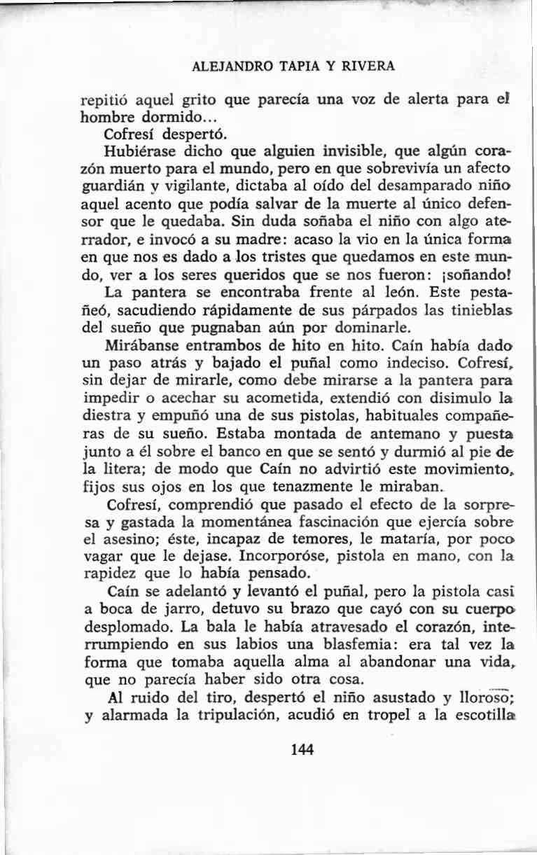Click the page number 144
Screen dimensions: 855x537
[x=302, y=749]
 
